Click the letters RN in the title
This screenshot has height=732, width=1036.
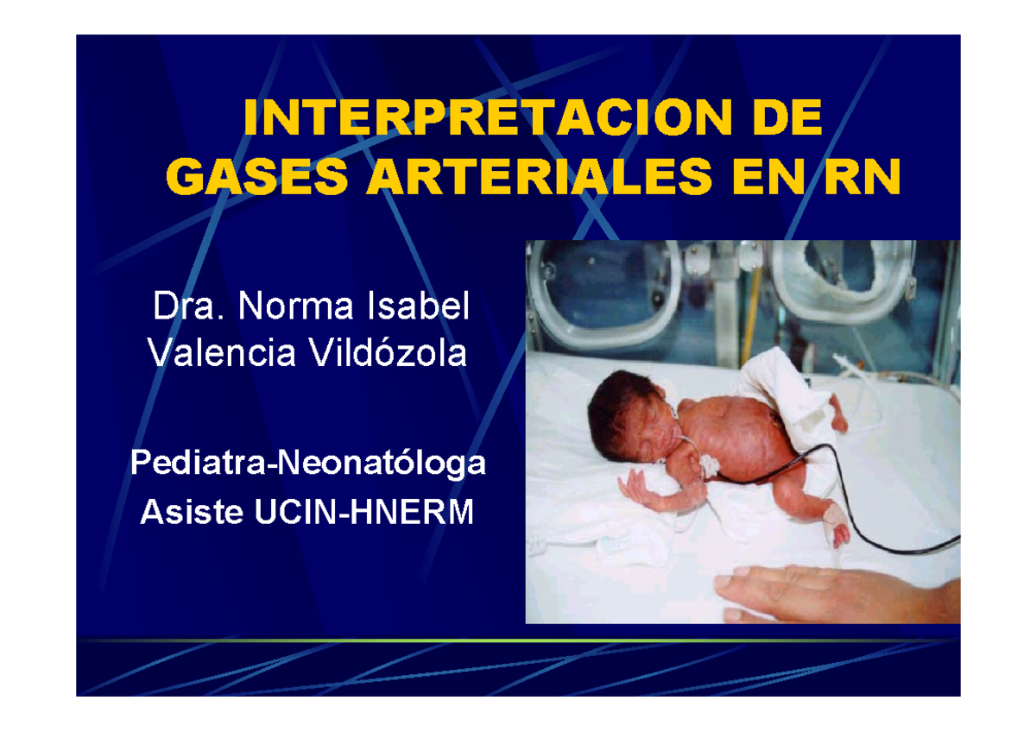(x=861, y=179)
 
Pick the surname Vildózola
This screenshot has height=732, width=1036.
(x=392, y=352)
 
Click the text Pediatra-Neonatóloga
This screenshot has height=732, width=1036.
(x=307, y=464)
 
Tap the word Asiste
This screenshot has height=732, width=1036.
(x=193, y=513)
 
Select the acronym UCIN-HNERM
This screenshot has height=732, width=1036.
(x=364, y=513)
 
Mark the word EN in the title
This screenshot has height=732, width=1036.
(x=771, y=179)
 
